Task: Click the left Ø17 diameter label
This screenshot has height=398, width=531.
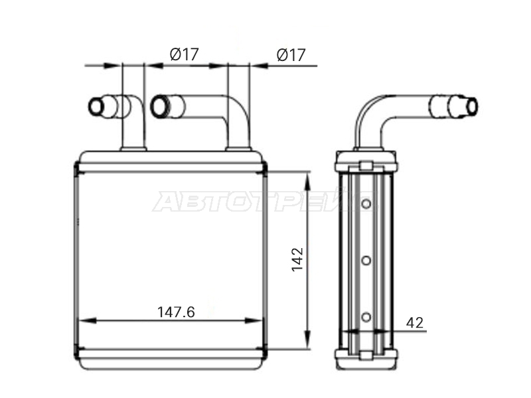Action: point(185,54)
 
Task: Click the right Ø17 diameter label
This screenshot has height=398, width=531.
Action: point(291,55)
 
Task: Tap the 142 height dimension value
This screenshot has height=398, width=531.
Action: point(297,259)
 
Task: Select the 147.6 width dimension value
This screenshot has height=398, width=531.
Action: point(176,312)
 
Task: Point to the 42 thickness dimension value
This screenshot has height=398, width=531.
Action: point(414,322)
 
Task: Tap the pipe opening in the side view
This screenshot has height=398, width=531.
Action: point(472,106)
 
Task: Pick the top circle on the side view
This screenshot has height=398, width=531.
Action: point(366,204)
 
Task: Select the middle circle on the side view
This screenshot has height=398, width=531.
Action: point(366,260)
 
